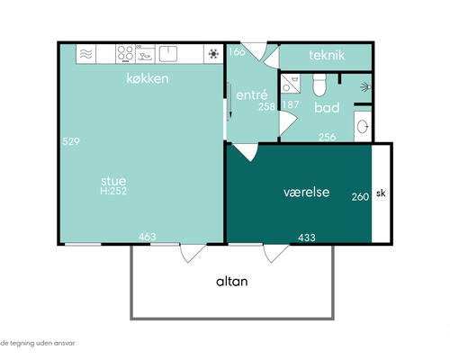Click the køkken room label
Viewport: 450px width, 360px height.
[148, 78]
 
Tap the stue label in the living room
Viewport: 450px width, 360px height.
[113, 181]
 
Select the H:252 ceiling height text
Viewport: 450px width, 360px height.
[113, 191]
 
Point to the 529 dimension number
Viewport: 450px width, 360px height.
[71, 141]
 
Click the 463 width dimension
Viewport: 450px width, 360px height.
[148, 237]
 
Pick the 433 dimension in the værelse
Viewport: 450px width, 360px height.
[307, 238]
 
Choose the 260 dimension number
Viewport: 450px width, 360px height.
[360, 197]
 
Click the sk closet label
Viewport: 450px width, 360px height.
[381, 193]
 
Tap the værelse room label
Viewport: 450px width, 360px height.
[307, 192]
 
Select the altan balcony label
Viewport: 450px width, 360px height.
[232, 282]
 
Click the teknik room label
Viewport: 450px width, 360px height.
[327, 55]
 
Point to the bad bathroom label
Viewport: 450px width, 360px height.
[327, 107]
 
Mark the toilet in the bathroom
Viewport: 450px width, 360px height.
[319, 85]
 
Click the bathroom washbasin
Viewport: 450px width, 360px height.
[363, 127]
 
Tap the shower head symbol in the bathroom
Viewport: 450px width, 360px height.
[365, 87]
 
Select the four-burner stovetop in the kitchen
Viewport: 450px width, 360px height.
[125, 54]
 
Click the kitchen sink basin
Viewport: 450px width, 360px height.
[168, 54]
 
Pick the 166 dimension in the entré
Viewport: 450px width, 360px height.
[237, 52]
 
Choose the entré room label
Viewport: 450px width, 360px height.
[252, 95]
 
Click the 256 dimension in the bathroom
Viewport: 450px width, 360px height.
[328, 137]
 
